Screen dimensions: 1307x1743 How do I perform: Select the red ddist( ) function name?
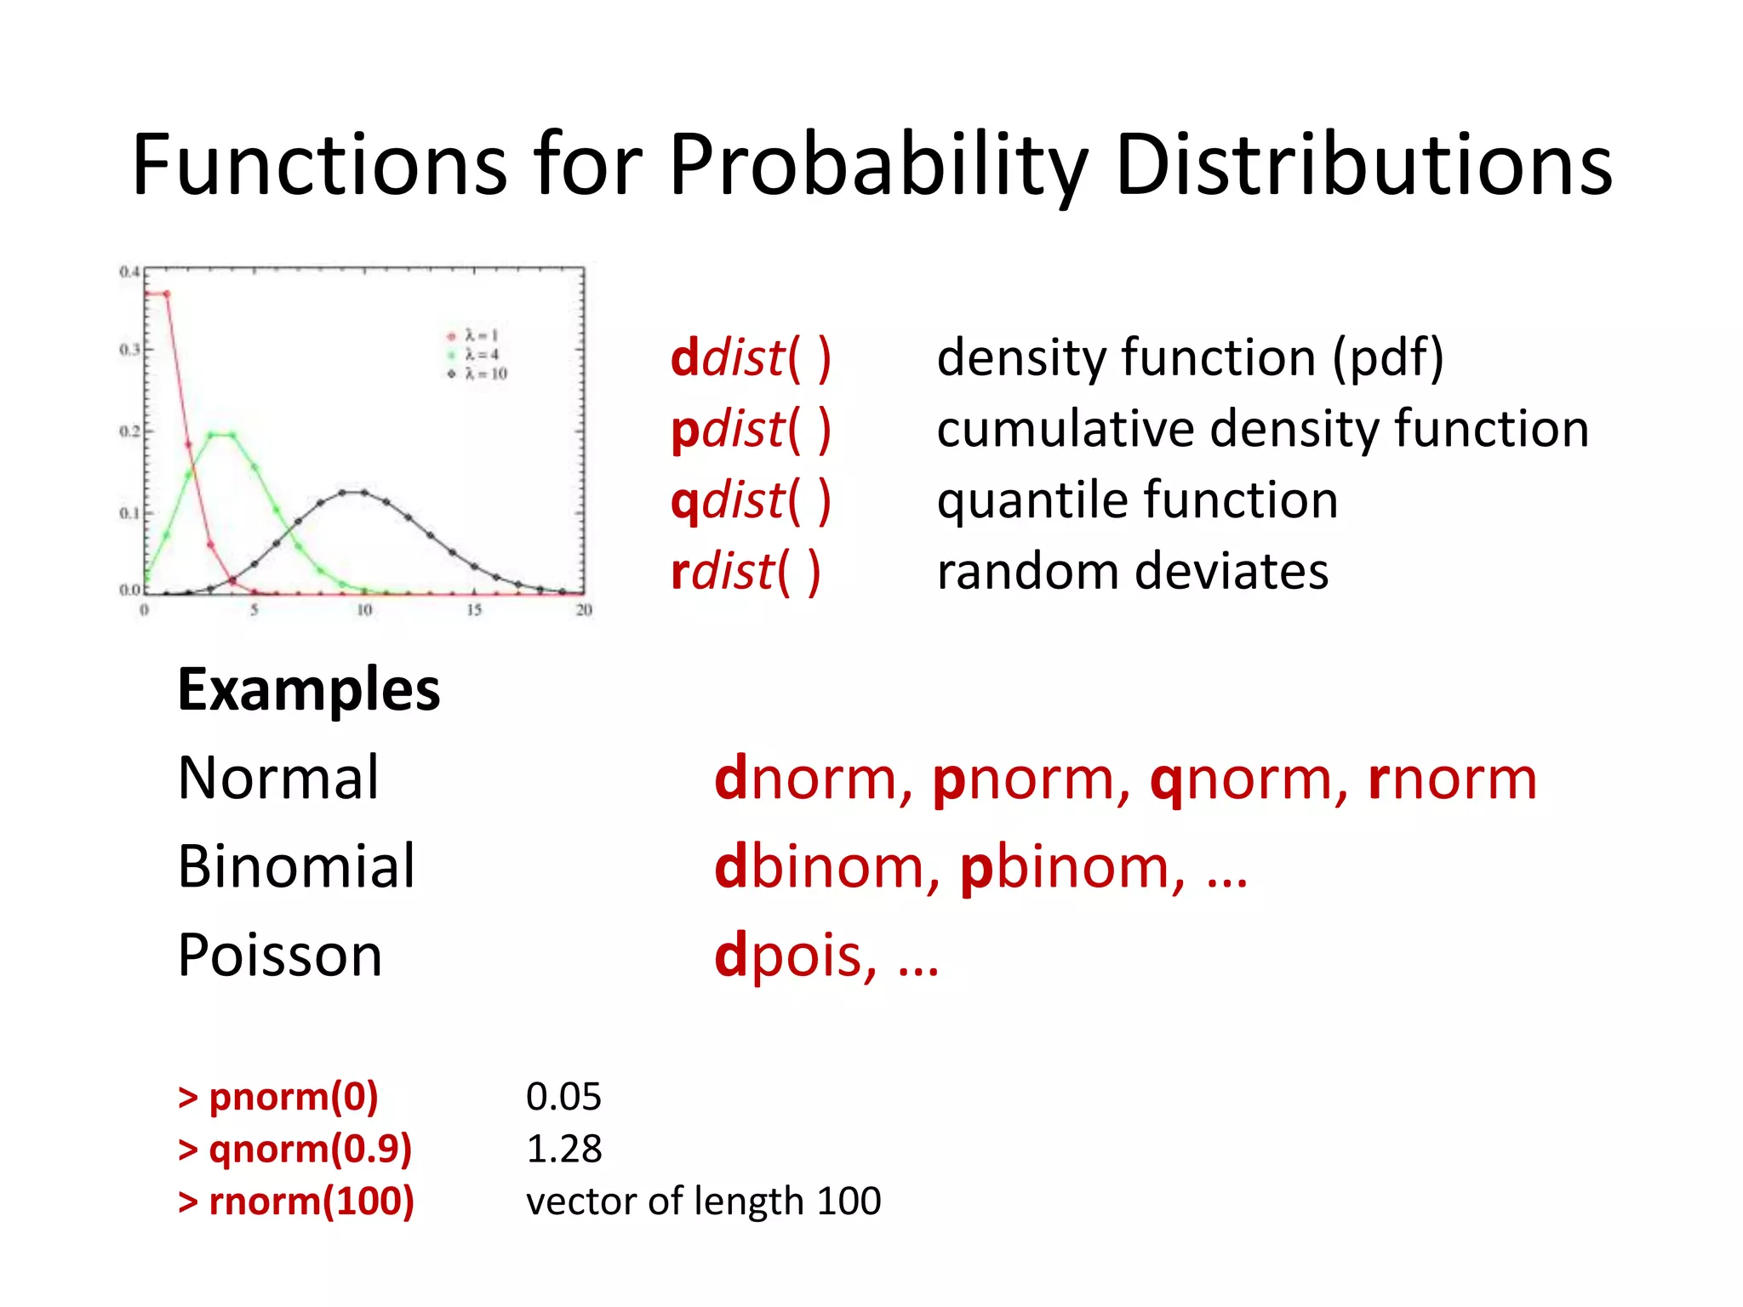coord(750,358)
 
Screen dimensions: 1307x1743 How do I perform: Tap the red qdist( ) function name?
coord(750,501)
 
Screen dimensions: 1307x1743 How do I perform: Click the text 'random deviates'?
coord(1132,571)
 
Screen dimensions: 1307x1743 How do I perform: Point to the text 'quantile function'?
coord(1137,499)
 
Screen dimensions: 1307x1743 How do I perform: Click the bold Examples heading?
coord(308,689)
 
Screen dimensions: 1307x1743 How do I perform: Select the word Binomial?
coord(296,867)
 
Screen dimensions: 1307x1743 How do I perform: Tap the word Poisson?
coord(280,956)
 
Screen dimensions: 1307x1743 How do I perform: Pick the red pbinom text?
coord(1071,867)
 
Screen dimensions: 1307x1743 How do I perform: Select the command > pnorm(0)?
coord(278,1097)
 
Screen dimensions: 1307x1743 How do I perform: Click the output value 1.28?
coord(563,1150)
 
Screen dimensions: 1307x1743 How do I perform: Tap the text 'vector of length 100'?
coord(703,1201)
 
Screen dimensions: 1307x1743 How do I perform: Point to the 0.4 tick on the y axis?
coord(129,272)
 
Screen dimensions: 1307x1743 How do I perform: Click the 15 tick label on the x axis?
coord(474,610)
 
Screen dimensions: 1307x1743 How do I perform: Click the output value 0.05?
coord(563,1097)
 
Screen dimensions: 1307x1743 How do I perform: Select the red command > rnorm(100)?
coord(296,1201)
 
